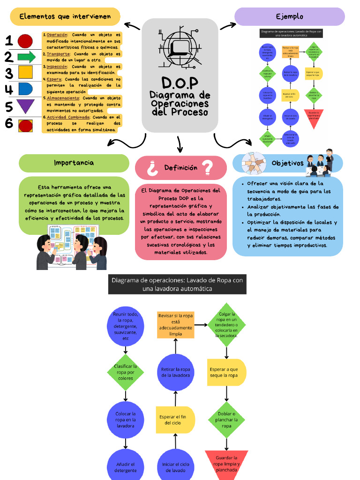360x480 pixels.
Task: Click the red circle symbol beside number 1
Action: pos(25,41)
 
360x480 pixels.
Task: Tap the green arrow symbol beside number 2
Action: pos(26,57)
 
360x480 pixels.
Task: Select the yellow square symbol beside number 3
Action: pos(25,72)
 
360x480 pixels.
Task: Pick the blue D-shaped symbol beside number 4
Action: pos(25,89)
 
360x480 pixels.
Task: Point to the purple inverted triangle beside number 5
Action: pos(25,106)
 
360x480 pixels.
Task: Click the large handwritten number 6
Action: pos(9,124)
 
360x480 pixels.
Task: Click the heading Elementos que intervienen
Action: pos(65,16)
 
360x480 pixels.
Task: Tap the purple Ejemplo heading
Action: pos(289,16)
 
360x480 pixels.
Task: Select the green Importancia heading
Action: pos(74,163)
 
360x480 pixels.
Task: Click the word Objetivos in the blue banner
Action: pos(287,163)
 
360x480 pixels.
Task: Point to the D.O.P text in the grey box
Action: pos(180,83)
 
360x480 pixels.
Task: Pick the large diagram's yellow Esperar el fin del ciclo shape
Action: pos(175,420)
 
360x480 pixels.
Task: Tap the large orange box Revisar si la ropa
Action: pos(175,325)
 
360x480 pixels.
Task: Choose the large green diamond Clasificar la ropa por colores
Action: pos(125,372)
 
